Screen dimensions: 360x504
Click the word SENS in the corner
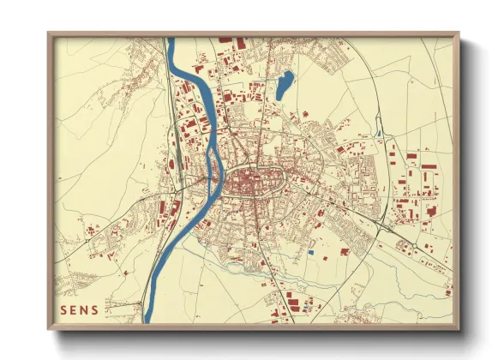tap(79, 308)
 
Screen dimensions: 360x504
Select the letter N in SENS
tap(84, 308)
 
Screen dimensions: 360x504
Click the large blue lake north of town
tap(285, 84)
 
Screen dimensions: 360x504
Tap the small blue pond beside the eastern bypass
tap(378, 133)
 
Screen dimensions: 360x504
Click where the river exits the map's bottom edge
tap(160, 322)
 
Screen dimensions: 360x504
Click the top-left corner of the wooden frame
tap(50, 35)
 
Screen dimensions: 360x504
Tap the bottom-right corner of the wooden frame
tap(458, 328)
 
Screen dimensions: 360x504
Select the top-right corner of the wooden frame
tap(458, 35)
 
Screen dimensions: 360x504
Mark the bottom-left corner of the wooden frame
tap(50, 328)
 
